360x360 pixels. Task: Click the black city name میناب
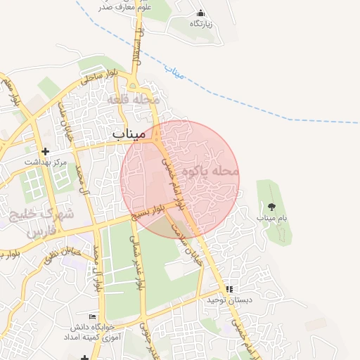point(128,133)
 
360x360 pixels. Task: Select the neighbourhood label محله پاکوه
point(211,171)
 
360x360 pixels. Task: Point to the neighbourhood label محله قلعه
point(134,100)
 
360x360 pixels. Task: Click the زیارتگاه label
point(200,24)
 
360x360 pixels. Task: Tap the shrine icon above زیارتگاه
point(200,13)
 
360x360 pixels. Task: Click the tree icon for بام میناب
point(272,207)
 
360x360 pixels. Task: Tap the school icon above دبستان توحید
point(229,289)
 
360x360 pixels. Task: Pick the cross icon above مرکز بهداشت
point(46,151)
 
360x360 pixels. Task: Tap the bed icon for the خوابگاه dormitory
point(92,317)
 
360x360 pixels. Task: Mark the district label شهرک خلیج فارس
point(32,221)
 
